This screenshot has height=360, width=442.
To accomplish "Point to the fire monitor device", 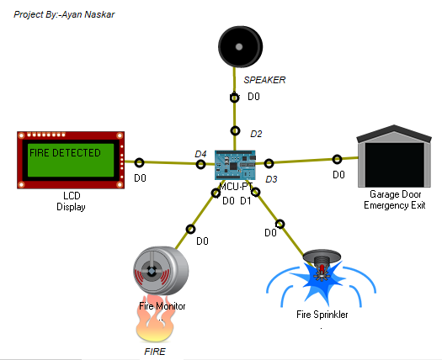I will point(161,273).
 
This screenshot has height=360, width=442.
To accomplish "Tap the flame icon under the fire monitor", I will point(161,317).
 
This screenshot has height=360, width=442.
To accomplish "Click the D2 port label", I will point(257,134).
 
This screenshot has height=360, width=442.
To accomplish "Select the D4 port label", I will point(200,154).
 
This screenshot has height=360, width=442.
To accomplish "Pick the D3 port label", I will point(271,179).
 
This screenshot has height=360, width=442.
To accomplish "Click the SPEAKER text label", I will point(264,80).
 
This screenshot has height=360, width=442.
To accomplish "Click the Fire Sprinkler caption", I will point(322,315).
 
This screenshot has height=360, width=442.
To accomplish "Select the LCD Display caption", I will point(71,201).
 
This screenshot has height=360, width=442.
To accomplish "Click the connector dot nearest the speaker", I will point(235,98).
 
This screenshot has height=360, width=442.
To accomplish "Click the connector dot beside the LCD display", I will point(139,162).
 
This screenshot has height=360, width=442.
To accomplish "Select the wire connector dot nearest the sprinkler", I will point(280,224).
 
